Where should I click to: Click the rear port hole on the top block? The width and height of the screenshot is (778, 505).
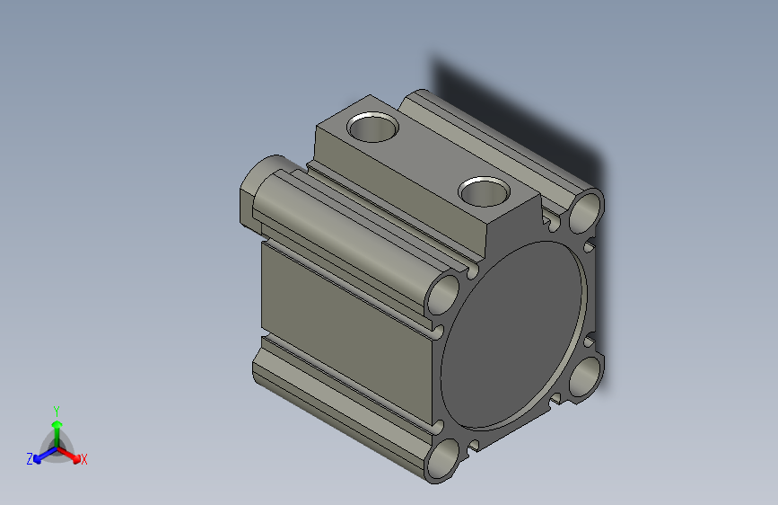tap(373, 127)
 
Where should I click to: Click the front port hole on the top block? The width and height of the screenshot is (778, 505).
tap(484, 190)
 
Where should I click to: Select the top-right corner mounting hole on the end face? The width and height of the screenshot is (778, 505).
tap(586, 211)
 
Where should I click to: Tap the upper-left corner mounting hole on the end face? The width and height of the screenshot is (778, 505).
tap(444, 294)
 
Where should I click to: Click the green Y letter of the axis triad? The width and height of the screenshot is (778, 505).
tap(57, 410)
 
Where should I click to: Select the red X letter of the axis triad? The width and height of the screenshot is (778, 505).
tap(84, 460)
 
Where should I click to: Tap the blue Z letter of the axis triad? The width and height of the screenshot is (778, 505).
tap(30, 459)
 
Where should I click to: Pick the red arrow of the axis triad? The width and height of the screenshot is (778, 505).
tap(72, 455)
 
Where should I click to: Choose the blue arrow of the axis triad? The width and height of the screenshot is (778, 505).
tap(41, 455)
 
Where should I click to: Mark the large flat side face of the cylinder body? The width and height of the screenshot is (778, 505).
tap(341, 315)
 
